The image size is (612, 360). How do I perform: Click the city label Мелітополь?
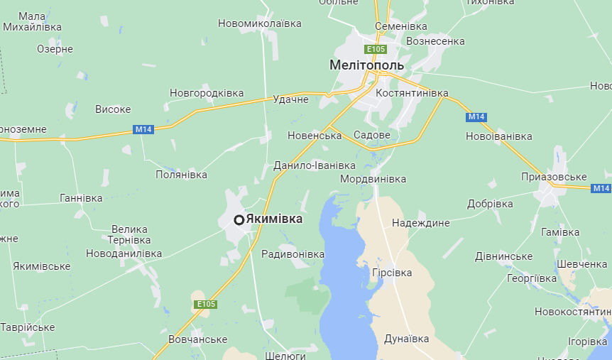(x=366, y=65)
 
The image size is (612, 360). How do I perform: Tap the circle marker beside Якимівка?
(x=239, y=220)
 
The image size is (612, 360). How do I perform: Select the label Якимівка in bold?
(x=274, y=219)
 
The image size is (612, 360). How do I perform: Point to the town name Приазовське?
(x=554, y=177)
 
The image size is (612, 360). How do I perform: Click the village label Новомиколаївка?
(x=260, y=23)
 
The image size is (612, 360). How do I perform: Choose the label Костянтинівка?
(x=412, y=94)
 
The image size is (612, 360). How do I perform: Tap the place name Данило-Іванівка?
(x=315, y=166)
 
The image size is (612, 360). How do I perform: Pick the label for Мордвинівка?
(x=373, y=179)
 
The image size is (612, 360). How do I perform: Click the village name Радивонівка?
(x=293, y=254)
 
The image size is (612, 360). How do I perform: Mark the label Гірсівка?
(x=392, y=273)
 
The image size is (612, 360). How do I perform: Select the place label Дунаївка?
(x=407, y=339)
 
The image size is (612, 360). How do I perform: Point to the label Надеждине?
(x=421, y=223)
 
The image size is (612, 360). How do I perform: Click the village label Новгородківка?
(x=207, y=93)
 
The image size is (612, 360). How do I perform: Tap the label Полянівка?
(x=182, y=175)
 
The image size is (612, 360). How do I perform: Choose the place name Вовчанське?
(x=198, y=339)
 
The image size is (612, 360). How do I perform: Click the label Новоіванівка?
(x=498, y=136)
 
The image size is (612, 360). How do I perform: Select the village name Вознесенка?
(x=435, y=41)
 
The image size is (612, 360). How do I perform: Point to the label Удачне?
(x=290, y=99)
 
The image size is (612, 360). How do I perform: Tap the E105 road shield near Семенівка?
(x=376, y=49)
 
